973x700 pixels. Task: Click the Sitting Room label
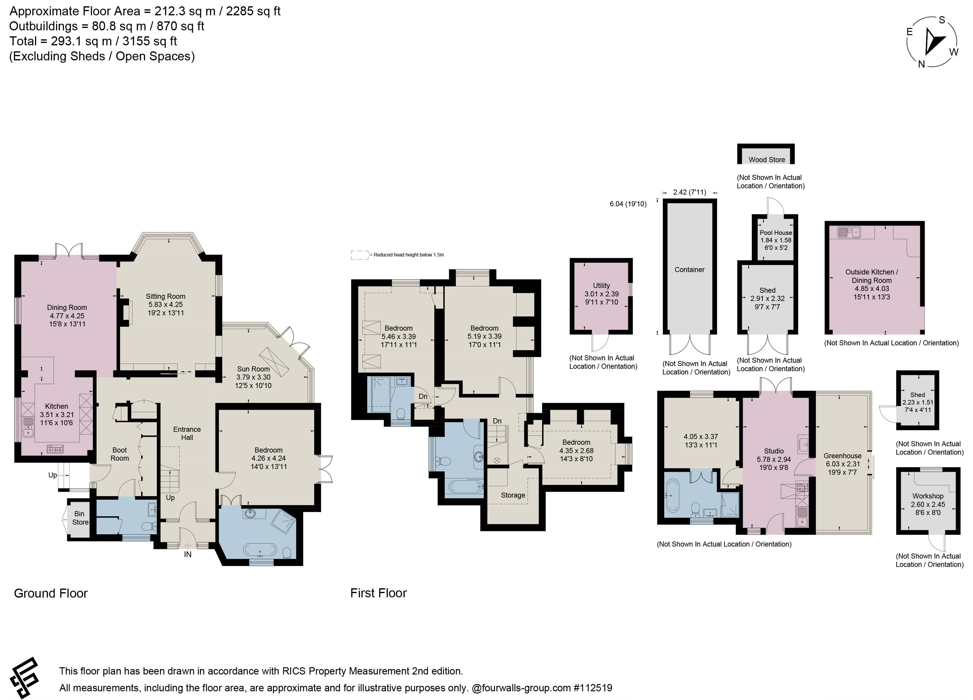tap(165, 296)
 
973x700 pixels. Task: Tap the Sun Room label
tap(253, 369)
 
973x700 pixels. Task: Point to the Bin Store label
tap(80, 518)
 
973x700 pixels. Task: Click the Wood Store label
tap(767, 159)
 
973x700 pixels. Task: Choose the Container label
tap(690, 269)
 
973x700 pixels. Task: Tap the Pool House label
tap(776, 232)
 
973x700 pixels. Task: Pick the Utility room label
tap(602, 285)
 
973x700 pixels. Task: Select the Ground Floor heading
tap(51, 593)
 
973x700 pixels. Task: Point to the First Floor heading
tap(378, 593)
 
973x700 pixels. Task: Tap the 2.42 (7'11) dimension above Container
tap(690, 192)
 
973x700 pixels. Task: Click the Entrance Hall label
tap(187, 433)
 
